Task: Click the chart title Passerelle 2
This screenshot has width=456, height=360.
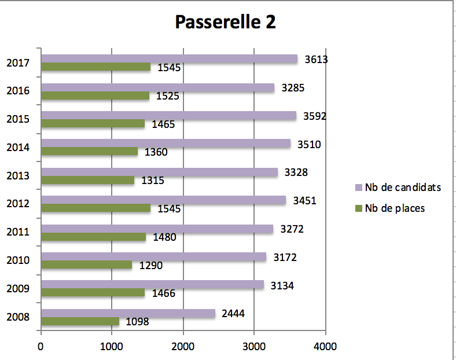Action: pos(225,22)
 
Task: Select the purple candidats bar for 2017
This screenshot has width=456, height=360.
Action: pos(169,59)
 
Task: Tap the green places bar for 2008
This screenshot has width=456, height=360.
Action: pos(80,321)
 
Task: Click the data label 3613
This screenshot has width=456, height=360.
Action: pos(316,59)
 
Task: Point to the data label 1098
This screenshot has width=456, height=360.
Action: pos(137,321)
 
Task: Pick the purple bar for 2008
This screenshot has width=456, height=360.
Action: pos(128,313)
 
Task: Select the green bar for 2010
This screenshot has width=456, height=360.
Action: pos(86,265)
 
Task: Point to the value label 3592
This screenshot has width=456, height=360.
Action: pos(315,116)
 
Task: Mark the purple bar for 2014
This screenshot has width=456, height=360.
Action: pos(166,144)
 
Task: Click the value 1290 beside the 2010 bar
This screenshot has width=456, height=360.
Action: pos(151,266)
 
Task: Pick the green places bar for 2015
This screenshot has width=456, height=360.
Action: pos(93,123)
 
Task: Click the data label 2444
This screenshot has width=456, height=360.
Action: pos(233,314)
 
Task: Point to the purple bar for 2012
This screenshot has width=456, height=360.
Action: pos(163,200)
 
